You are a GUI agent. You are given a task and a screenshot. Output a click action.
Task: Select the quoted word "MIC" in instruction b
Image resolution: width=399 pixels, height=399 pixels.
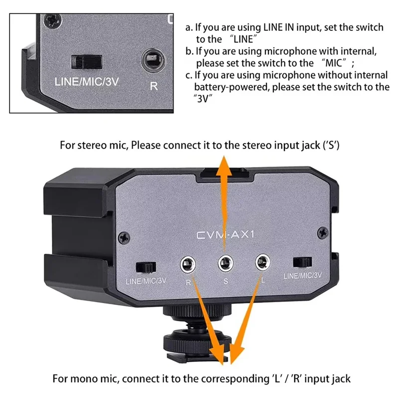pos(335,64)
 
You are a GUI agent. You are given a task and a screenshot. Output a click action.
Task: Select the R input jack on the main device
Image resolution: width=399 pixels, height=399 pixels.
pos(188,263)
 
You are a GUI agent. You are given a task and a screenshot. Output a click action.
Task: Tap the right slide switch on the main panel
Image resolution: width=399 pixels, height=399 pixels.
pos(303,262)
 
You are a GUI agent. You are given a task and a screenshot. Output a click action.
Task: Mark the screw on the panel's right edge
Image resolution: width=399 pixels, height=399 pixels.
pos(325,232)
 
